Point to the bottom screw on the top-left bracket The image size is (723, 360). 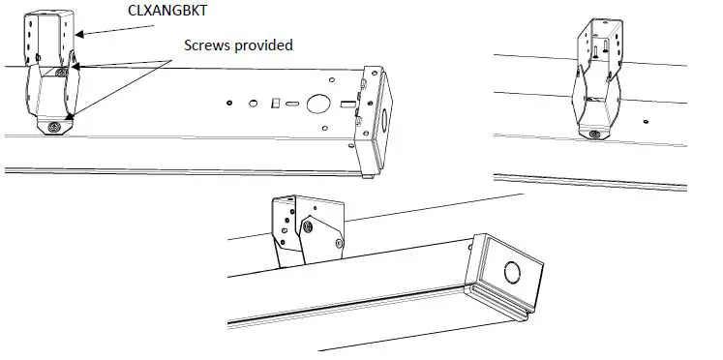click(x=53, y=127)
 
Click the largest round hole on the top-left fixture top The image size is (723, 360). click(x=316, y=103)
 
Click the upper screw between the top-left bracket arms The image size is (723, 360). click(x=61, y=73)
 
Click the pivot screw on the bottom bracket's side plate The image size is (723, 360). click(x=308, y=226)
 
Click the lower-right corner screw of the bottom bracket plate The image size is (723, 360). click(x=338, y=243)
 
